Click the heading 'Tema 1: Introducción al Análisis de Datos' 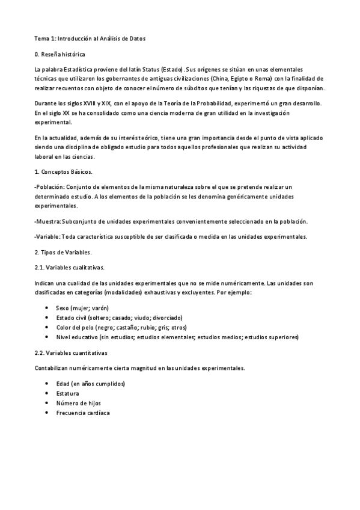pyautogui.click(x=90, y=38)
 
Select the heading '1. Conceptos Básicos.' pyautogui.click(x=64, y=172)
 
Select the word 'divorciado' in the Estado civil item pyautogui.click(x=165, y=318)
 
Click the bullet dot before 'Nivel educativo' pyautogui.click(x=47, y=337)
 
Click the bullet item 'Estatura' pyautogui.click(x=67, y=393)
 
